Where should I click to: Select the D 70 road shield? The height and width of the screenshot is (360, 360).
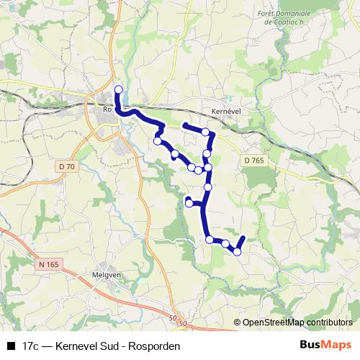tap(66, 166)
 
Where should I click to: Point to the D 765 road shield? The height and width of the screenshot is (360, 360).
tap(254, 160)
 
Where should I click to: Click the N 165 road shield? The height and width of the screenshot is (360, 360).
tap(50, 265)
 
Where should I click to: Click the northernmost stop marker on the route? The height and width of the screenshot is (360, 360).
tap(119, 90)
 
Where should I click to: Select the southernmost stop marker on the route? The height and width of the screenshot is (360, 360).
tap(237, 251)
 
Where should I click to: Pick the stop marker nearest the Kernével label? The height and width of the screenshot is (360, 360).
tap(206, 132)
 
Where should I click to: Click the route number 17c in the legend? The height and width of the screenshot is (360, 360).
tap(31, 346)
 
